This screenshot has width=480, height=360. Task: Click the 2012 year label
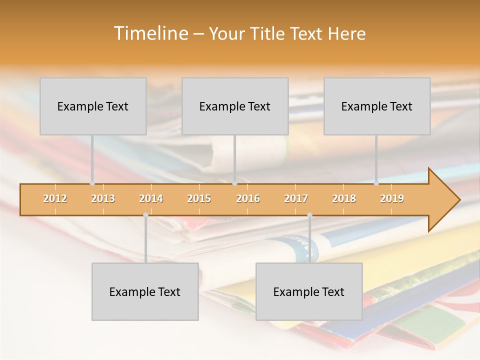[55, 198]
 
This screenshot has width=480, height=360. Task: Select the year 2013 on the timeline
[103, 198]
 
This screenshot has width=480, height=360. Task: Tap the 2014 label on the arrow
[151, 198]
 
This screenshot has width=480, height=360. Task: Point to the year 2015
[199, 198]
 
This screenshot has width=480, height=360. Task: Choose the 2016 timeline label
[248, 198]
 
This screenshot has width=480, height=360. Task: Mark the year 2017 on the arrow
[296, 198]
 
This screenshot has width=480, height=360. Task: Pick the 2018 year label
[344, 198]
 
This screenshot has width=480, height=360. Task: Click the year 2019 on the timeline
[392, 198]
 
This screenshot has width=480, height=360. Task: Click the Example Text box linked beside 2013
[93, 106]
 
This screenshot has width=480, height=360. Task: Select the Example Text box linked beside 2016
[235, 106]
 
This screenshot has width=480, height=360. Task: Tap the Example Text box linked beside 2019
[377, 106]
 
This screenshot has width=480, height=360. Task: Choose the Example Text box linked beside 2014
[145, 292]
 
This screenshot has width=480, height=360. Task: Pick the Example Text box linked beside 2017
[309, 292]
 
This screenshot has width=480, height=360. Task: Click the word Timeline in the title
[150, 33]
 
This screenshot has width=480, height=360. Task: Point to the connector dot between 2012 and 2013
[92, 183]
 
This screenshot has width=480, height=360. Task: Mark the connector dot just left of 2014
[145, 215]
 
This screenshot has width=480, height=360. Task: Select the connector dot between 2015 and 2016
[234, 183]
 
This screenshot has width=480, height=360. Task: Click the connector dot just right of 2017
[309, 215]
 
